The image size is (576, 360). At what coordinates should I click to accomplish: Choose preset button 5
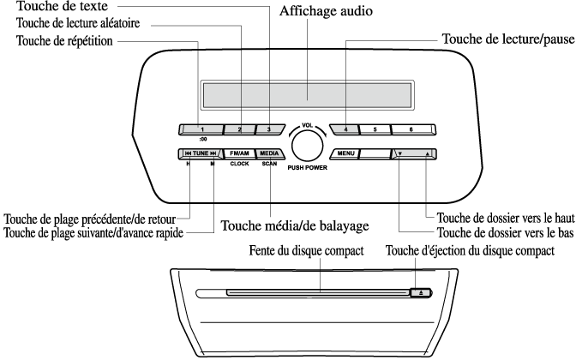375,130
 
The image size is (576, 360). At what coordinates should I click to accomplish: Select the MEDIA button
269,154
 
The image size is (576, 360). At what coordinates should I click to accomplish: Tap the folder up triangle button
426,155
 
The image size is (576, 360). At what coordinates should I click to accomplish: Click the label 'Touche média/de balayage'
295,226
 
